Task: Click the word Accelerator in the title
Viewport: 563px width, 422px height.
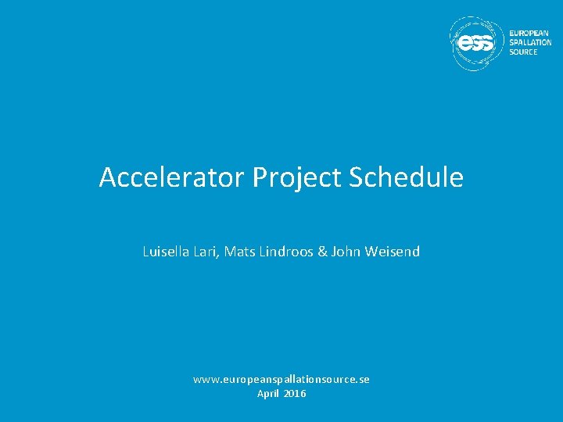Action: point(172,178)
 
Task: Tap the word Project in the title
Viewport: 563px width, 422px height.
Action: point(298,178)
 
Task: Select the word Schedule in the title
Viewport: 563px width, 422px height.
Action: point(407,178)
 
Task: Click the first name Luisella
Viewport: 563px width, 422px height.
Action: point(166,252)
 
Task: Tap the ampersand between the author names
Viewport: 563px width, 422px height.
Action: point(322,252)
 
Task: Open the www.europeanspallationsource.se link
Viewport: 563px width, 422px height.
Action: point(281,379)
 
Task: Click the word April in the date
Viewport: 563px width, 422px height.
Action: point(268,393)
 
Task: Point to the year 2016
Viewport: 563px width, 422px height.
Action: point(295,393)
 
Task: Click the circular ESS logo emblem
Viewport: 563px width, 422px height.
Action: point(476,43)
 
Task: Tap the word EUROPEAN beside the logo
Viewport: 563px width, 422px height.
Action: point(530,34)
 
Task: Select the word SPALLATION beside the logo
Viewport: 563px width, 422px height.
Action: point(530,43)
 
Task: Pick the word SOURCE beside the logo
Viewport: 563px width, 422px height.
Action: point(523,52)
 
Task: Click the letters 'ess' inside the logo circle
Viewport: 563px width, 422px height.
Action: point(475,45)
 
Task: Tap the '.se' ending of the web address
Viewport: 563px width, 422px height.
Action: point(362,379)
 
